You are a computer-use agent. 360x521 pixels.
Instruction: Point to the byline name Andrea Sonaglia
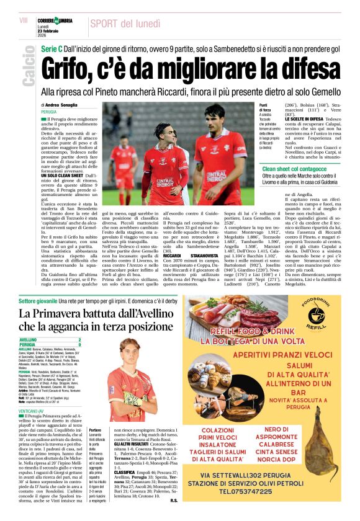[77, 105]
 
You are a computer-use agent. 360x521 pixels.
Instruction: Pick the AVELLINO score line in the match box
[50, 341]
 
